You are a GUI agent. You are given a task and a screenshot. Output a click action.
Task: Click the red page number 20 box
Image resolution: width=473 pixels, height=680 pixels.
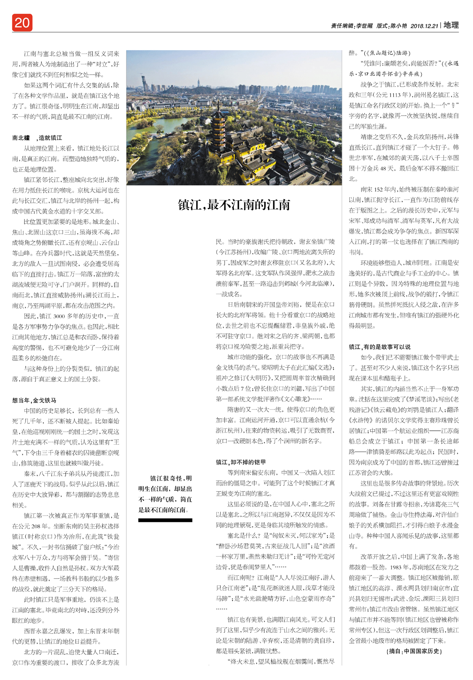(22, 23)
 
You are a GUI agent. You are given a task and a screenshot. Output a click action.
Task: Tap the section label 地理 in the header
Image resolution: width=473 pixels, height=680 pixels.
(451, 25)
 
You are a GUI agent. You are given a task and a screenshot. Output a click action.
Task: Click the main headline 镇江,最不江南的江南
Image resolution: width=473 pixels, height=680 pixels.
(234, 205)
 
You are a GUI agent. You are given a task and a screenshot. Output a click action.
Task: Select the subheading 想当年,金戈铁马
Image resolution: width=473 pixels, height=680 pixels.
(34, 400)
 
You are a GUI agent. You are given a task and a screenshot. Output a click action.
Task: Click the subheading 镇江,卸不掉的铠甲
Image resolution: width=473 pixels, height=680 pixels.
(241, 462)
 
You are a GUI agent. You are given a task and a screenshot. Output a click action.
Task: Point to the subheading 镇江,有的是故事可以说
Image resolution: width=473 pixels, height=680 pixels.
(380, 347)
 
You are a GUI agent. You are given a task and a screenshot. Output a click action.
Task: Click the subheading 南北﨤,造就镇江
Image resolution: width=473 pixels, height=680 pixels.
(37, 138)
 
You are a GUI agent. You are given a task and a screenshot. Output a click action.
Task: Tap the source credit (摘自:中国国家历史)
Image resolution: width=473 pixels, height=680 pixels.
(414, 651)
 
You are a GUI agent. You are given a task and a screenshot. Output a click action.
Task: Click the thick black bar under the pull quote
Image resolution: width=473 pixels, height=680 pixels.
(165, 521)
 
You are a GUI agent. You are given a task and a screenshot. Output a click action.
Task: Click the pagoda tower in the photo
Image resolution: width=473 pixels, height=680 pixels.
(218, 130)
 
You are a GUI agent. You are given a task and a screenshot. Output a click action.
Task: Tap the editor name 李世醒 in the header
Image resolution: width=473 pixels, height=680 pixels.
(364, 26)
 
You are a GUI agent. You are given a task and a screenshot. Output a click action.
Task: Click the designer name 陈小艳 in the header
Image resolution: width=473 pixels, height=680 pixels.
(399, 26)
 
